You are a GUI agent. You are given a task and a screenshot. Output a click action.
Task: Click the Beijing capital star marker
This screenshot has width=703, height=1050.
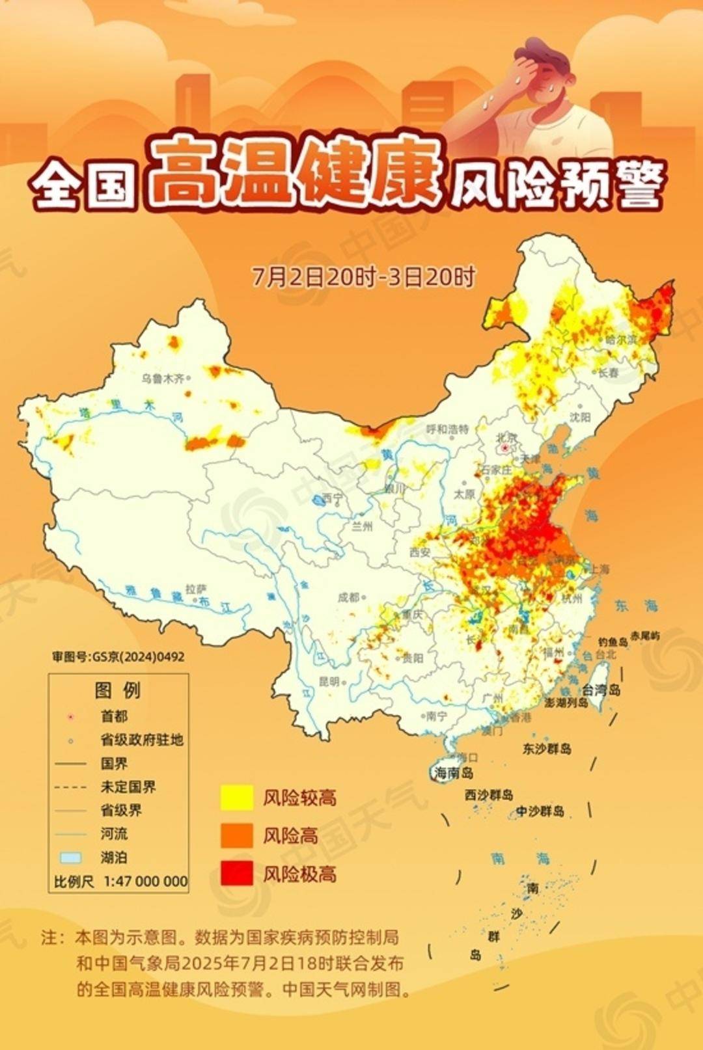pyautogui.click(x=505, y=448)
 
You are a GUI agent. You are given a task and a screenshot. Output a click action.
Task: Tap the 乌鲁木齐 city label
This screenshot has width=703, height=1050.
pyautogui.click(x=163, y=379)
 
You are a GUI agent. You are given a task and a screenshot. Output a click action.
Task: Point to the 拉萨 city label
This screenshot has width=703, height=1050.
pyautogui.click(x=195, y=589)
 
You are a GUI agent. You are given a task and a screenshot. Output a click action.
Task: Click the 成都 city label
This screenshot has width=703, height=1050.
pyautogui.click(x=348, y=597)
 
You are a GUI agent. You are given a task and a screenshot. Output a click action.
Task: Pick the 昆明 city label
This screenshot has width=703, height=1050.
pyautogui.click(x=329, y=682)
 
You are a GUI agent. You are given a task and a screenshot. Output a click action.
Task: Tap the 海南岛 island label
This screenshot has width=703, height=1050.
pyautogui.click(x=454, y=773)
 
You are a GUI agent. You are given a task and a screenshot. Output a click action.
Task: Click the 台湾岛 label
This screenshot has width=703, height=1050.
pyautogui.click(x=601, y=690)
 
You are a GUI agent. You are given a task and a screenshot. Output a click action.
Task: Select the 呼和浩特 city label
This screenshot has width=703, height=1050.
pyautogui.click(x=447, y=429)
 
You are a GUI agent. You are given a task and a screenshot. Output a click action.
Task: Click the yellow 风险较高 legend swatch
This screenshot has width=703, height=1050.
pyautogui.click(x=236, y=798)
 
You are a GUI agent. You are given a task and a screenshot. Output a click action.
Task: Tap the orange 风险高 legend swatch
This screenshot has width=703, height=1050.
pyautogui.click(x=236, y=835)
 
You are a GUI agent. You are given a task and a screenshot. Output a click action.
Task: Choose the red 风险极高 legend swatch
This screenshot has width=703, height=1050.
pyautogui.click(x=236, y=873)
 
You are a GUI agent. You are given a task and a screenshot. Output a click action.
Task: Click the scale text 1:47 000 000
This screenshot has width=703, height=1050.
pyautogui.click(x=146, y=882)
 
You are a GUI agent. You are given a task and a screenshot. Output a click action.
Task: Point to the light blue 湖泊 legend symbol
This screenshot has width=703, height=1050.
pyautogui.click(x=71, y=857)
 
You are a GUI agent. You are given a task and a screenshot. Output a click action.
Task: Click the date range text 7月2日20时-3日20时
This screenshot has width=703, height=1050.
pyautogui.click(x=364, y=277)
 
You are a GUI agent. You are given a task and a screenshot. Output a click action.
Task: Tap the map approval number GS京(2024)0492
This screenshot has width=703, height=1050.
pyautogui.click(x=118, y=656)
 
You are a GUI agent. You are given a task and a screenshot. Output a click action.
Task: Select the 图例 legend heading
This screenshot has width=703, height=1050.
pyautogui.click(x=117, y=690)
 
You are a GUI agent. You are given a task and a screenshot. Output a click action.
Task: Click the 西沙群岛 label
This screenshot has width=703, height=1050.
pyautogui.click(x=489, y=795)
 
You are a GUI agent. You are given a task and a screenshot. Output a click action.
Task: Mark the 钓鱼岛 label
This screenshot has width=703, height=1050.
pyautogui.click(x=613, y=641)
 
